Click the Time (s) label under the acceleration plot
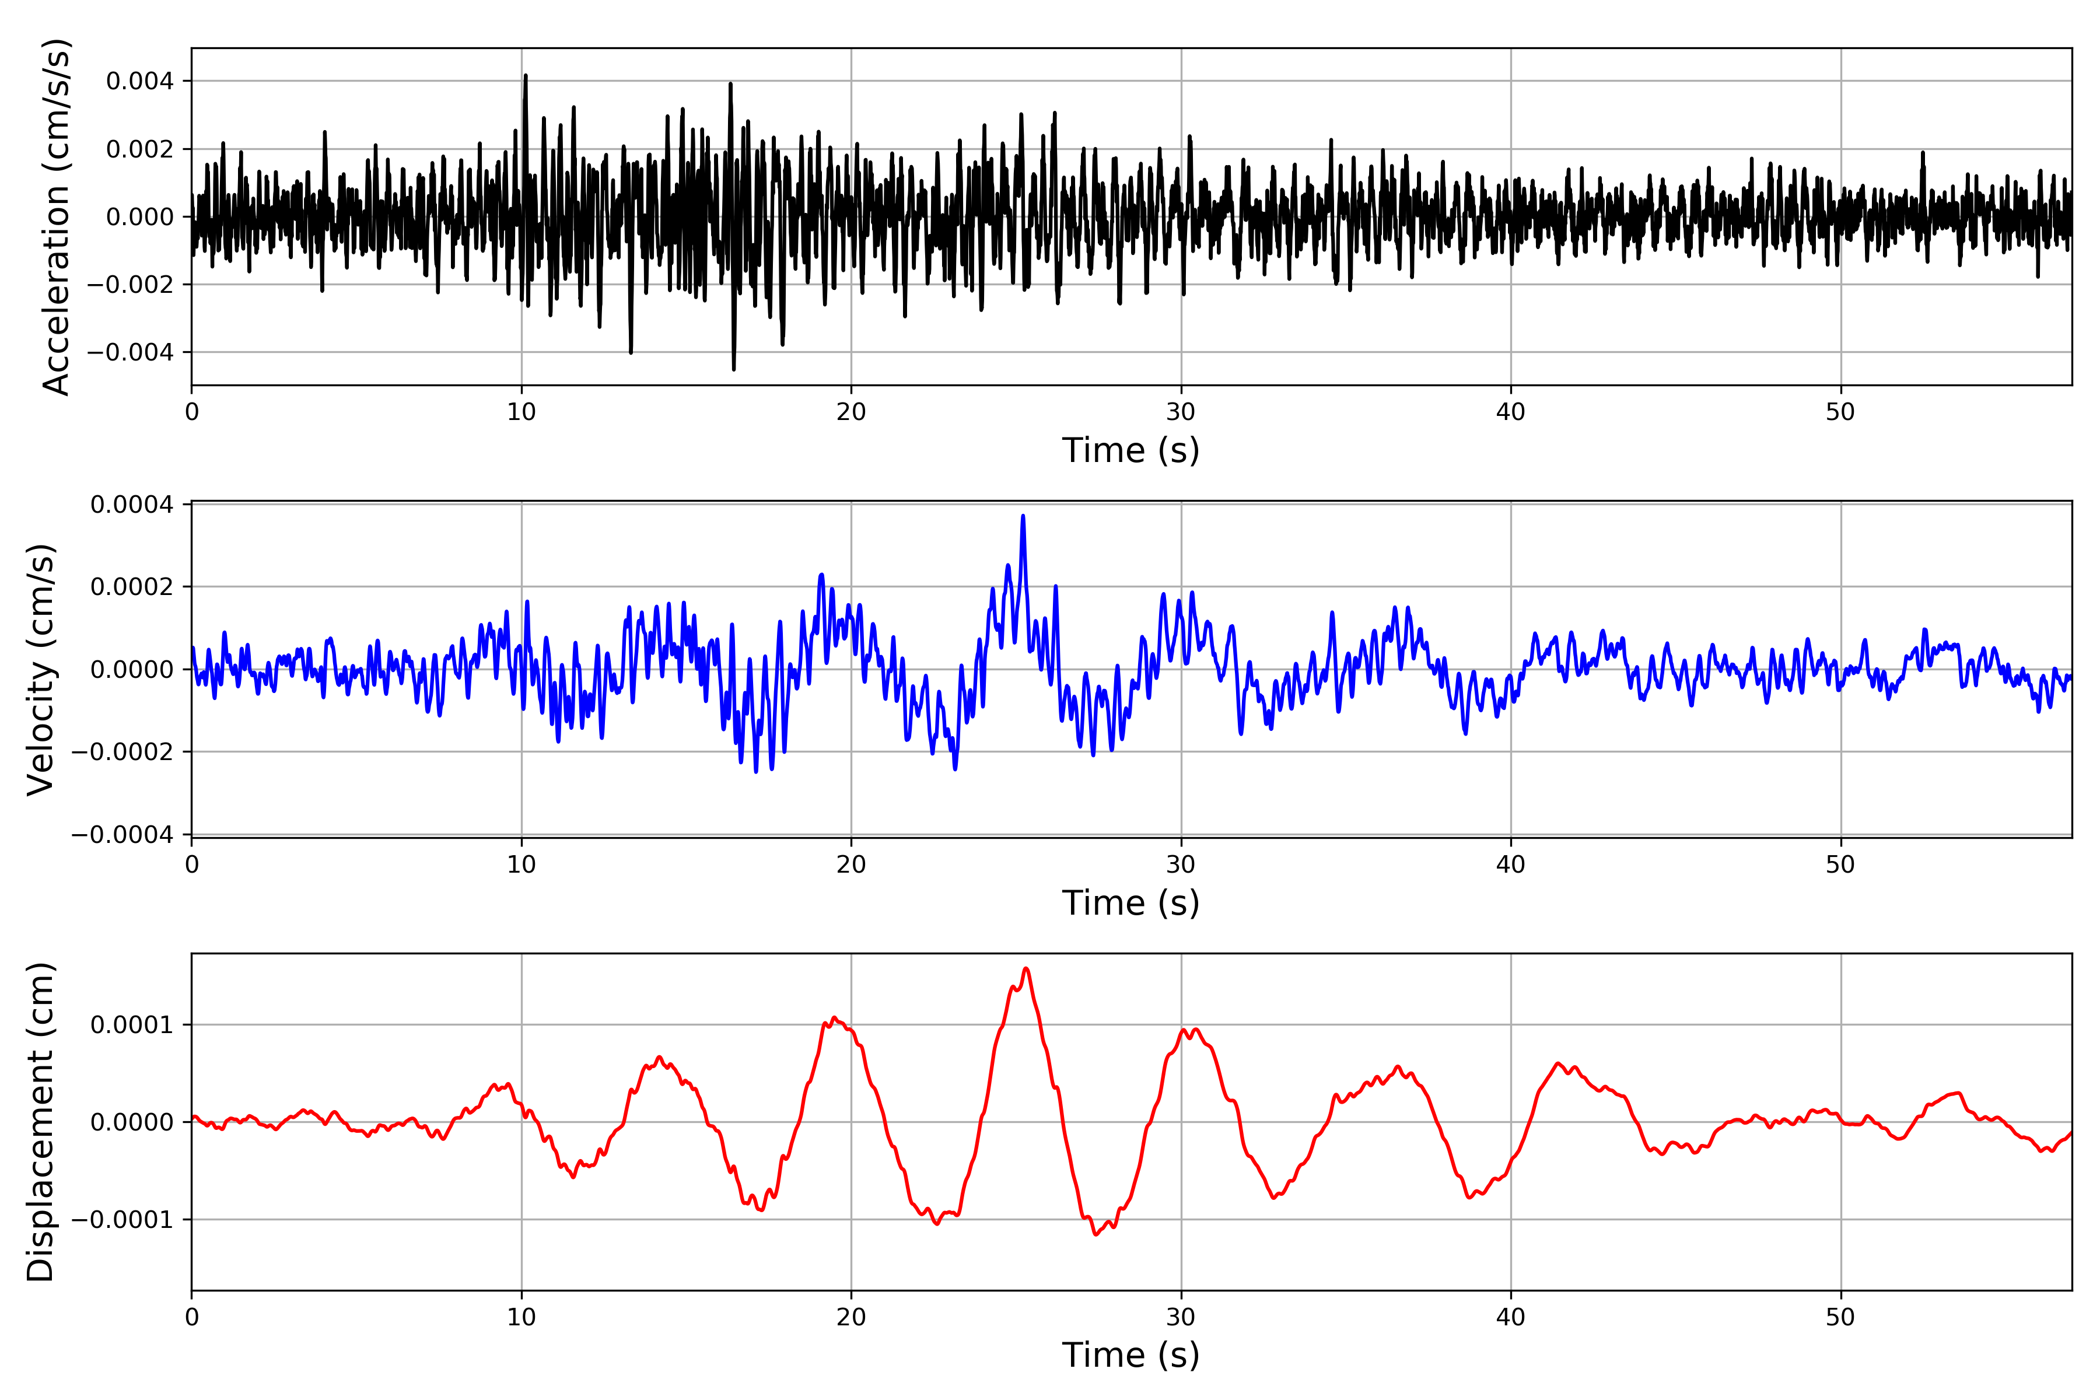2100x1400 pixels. tap(1130, 450)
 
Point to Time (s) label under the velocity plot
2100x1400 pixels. tap(1130, 902)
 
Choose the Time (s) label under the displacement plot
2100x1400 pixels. tap(1130, 1355)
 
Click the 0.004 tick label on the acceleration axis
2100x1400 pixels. tap(140, 81)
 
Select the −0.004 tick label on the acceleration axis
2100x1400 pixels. tap(130, 352)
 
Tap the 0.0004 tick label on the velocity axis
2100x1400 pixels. tap(132, 505)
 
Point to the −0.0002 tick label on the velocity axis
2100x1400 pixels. tap(123, 752)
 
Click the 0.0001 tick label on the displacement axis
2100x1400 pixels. tap(132, 1025)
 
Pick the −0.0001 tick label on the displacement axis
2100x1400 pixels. tap(123, 1220)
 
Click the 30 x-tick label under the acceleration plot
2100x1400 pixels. tap(1180, 412)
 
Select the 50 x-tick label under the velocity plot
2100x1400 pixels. tap(1840, 864)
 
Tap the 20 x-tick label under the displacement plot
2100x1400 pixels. tap(851, 1317)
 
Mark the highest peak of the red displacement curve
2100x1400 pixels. tap(1026, 969)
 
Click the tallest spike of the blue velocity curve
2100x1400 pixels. tap(1023, 516)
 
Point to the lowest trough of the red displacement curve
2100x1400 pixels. tap(1097, 1235)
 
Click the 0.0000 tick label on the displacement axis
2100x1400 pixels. tap(132, 1122)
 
